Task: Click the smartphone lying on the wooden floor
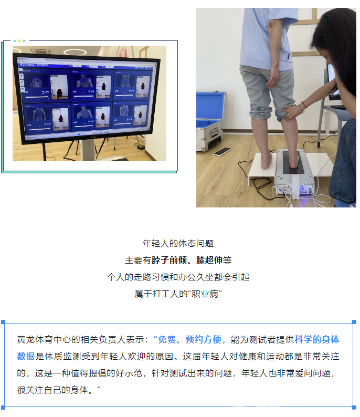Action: point(222,151)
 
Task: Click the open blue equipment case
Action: point(210,121)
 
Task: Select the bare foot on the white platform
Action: point(266,158)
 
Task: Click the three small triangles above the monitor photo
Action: point(19,40)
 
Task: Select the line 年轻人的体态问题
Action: point(178,244)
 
